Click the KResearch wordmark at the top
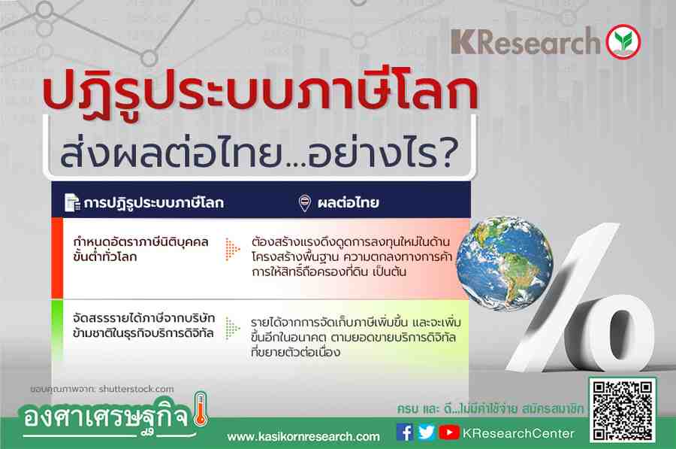[526, 42]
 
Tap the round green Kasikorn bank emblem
[623, 42]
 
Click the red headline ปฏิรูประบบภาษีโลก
[261, 92]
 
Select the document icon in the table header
[72, 202]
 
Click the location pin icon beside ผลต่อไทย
[305, 202]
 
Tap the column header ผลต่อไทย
[348, 202]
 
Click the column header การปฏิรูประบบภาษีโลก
[154, 203]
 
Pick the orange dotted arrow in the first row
[232, 249]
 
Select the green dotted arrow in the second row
[232, 329]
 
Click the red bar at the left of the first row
[57, 258]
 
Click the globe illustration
[505, 263]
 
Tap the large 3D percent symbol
[581, 298]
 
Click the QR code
[623, 410]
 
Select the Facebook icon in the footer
[404, 432]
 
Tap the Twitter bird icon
[427, 432]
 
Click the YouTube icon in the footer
[449, 432]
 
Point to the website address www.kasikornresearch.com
[303, 437]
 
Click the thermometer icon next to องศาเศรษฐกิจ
[201, 409]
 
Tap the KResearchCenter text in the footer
[518, 433]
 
